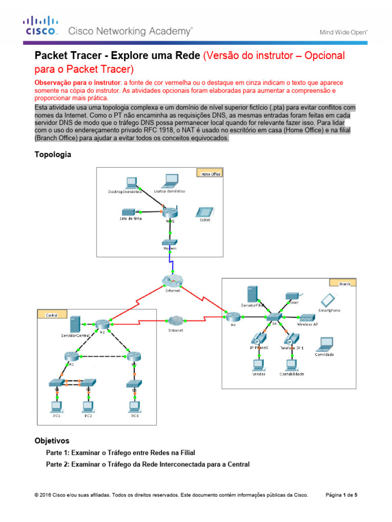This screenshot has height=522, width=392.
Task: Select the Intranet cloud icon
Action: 175,321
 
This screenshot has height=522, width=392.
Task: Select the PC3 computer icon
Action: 135,406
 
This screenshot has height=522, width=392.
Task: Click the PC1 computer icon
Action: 56,406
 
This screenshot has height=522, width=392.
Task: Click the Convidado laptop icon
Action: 325,344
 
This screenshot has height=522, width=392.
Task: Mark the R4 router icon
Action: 233,317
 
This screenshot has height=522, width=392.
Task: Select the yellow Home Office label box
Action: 207,174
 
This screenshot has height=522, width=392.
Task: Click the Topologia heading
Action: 53,154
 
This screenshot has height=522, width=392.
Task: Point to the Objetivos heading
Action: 52,440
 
